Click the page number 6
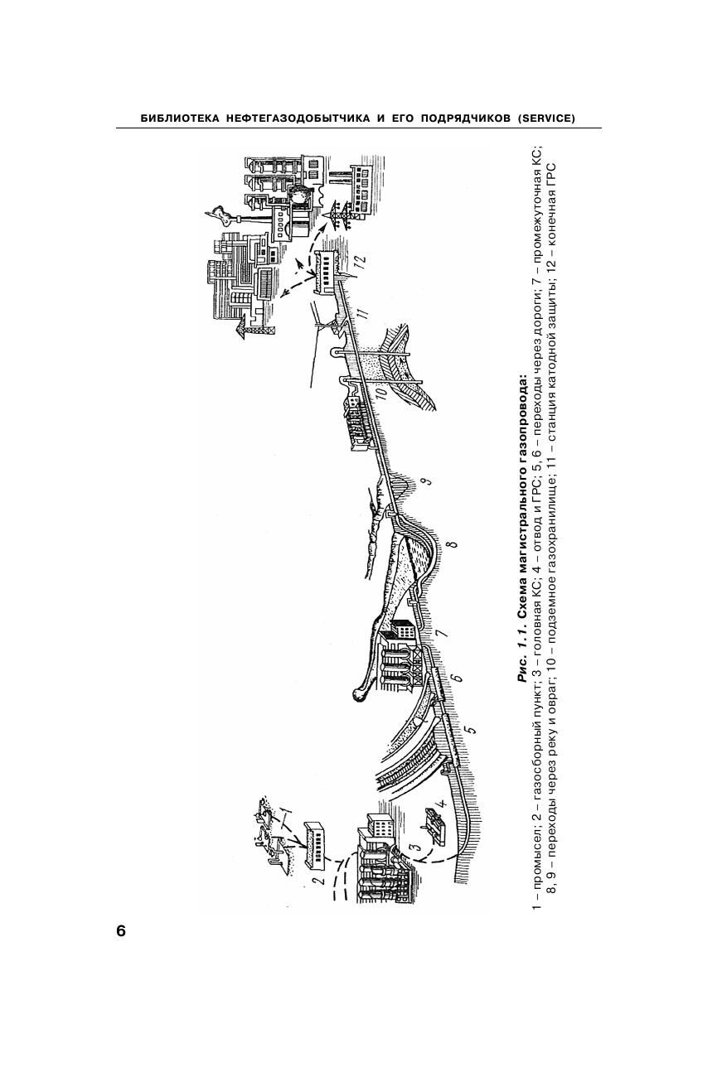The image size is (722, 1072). (x=121, y=930)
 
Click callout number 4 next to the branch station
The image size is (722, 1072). (x=443, y=803)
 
